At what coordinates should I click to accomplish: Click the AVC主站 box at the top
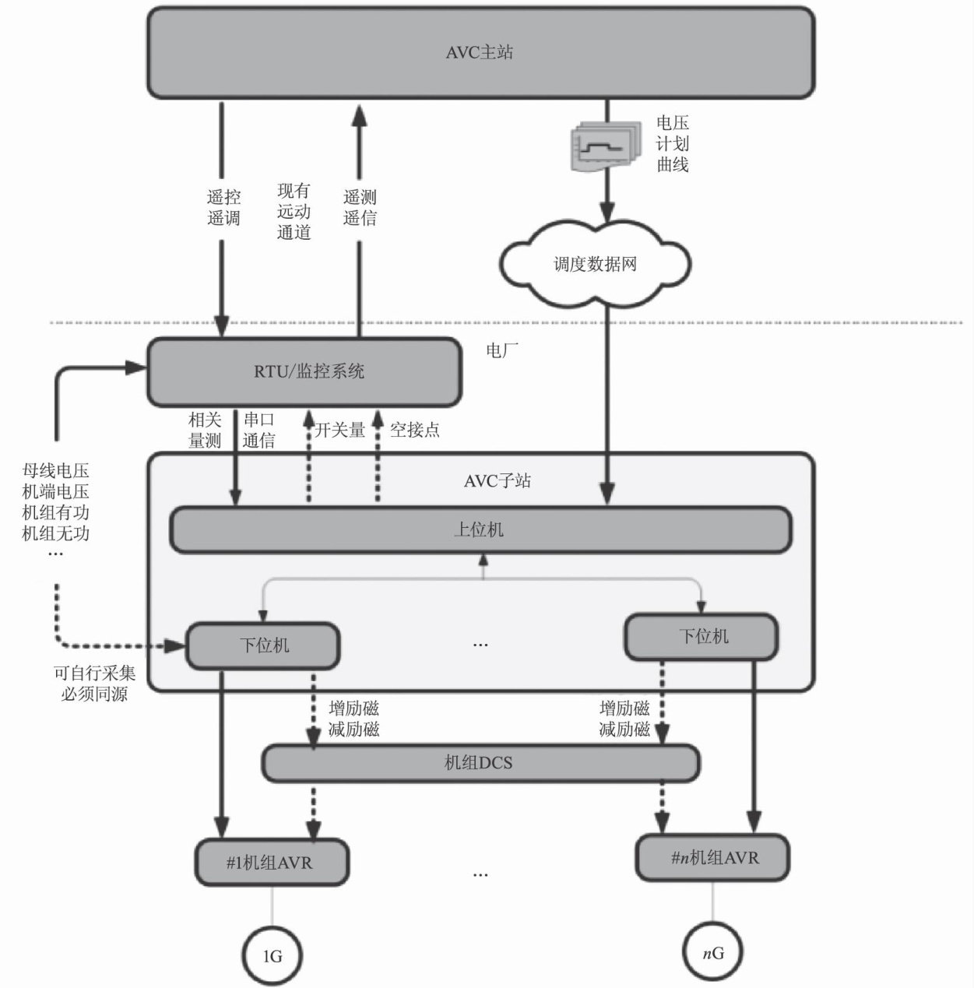(480, 53)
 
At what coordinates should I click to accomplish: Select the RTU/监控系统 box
(304, 372)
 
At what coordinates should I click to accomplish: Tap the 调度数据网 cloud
(595, 264)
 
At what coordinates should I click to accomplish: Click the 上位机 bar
(480, 530)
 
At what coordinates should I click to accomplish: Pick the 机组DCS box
(480, 763)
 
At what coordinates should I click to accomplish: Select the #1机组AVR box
(271, 863)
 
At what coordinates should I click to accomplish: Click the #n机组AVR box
(712, 858)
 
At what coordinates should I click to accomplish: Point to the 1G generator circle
(271, 955)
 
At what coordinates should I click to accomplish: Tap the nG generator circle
(712, 951)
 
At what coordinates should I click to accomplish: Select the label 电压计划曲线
(672, 144)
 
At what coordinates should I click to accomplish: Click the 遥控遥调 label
(223, 208)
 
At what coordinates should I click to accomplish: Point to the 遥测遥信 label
(360, 208)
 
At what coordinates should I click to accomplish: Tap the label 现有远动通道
(294, 211)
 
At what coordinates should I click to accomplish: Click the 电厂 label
(502, 350)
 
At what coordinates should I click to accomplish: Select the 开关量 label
(340, 430)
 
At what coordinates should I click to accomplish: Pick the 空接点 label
(415, 430)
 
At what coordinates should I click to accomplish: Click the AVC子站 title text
(498, 481)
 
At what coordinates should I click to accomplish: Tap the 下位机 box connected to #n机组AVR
(701, 637)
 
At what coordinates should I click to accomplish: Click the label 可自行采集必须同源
(94, 684)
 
